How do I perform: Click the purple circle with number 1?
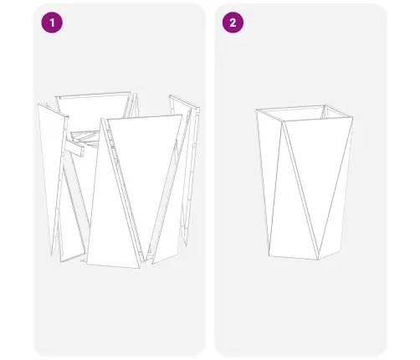pyautogui.click(x=53, y=23)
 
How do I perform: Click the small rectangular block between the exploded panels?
pyautogui.click(x=77, y=149)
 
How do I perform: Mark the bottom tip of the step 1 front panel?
pyautogui.click(x=137, y=268)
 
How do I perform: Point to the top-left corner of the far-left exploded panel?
pyautogui.click(x=38, y=105)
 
